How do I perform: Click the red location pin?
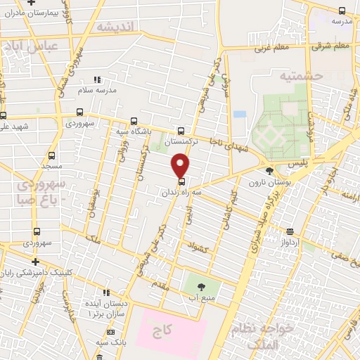tap(181, 165)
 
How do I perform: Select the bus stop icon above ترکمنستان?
tap(181, 131)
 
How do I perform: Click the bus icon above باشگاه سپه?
tap(134, 121)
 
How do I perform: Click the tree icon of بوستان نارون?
tap(269, 171)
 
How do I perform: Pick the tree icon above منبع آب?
tap(202, 286)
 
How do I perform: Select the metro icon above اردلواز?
tap(290, 232)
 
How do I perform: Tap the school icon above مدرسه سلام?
tap(97, 80)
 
